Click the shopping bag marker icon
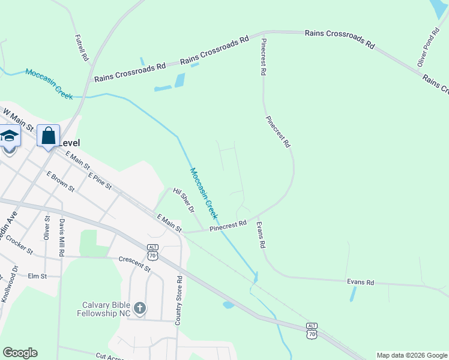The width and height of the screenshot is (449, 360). tap(48, 135)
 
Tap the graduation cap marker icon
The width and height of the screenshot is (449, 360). tap(9, 137)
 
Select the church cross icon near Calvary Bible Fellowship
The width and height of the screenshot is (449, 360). tap(139, 308)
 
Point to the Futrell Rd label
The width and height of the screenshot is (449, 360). tap(82, 48)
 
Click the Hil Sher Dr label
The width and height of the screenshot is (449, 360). tap(184, 200)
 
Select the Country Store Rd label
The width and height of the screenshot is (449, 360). tap(178, 301)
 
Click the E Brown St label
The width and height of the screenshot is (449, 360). tap(60, 181)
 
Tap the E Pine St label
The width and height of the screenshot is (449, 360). tap(100, 181)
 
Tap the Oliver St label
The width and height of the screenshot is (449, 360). tap(47, 226)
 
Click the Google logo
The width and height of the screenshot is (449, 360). tap(20, 353)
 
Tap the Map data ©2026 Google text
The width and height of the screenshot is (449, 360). tap(411, 355)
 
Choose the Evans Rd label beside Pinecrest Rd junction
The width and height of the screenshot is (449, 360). tap(261, 235)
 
